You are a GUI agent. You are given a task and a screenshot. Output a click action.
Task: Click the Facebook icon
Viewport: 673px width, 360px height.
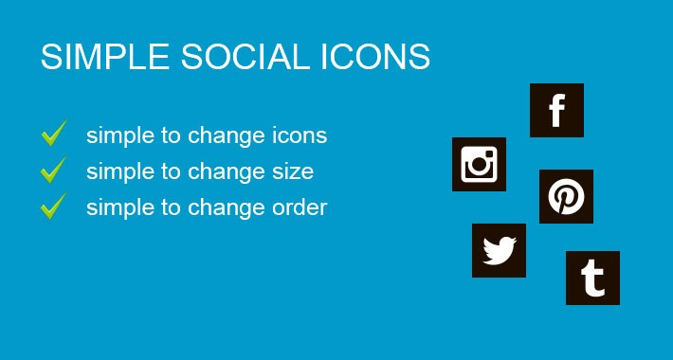tap(556, 111)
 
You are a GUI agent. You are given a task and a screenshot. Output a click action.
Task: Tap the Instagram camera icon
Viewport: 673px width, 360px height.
tap(479, 165)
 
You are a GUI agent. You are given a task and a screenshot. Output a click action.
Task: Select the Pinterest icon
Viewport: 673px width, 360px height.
tap(566, 197)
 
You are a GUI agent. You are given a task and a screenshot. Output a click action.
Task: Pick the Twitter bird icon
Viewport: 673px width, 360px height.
tap(499, 251)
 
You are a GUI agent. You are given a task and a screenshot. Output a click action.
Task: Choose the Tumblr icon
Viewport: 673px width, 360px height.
tap(592, 279)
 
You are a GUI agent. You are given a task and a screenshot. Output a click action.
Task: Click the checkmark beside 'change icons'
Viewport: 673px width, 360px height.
tap(53, 135)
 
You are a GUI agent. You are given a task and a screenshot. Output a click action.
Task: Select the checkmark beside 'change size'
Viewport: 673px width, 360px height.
tap(53, 171)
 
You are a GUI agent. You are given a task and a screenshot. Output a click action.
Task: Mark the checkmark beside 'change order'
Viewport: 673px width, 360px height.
tap(53, 206)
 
